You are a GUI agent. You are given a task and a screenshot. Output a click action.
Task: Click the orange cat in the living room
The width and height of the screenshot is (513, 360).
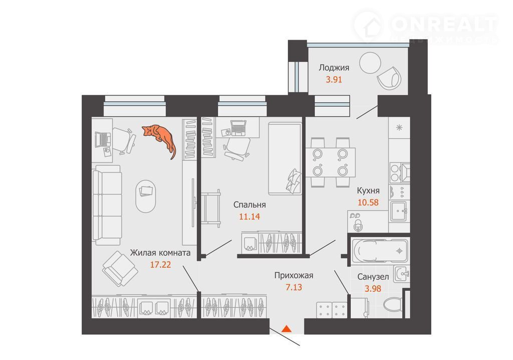tap(160, 137)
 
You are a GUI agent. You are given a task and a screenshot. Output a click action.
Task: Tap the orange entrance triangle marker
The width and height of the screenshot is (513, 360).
tap(286, 328)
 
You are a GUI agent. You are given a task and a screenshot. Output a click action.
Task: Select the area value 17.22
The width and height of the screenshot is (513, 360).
tap(160, 264)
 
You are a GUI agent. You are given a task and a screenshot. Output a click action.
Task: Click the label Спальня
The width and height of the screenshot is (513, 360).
tap(249, 205)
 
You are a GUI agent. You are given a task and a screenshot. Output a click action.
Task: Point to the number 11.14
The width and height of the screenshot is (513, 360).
tap(249, 217)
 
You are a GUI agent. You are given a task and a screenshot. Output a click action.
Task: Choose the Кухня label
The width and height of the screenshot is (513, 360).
tap(368, 191)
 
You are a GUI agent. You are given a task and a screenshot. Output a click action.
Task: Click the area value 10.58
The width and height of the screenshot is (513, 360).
tap(368, 203)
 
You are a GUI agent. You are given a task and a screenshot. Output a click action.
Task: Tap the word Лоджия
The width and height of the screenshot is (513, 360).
tap(334, 68)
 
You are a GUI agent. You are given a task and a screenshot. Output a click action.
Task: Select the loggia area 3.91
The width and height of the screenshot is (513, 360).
tap(334, 79)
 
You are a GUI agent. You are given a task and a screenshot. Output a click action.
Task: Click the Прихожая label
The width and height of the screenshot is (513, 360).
tap(294, 275)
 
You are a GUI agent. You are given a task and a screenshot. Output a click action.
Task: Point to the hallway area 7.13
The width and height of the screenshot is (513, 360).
tap(294, 287)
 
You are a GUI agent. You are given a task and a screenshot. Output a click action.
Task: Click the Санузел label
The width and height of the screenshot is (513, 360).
tap(373, 277)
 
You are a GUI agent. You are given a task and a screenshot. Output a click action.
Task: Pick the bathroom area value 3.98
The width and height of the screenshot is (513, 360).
tap(373, 289)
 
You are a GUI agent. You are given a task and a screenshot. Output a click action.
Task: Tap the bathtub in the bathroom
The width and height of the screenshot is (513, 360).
tap(380, 251)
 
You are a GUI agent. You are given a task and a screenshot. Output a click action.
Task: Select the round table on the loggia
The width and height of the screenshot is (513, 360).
tap(370, 63)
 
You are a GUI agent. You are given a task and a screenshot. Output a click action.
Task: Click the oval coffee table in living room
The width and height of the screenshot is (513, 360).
tap(146, 196)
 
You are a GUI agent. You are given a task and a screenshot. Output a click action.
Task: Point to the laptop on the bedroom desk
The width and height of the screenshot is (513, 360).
tap(238, 128)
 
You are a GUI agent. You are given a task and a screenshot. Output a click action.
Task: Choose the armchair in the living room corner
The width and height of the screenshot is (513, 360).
tap(120, 268)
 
